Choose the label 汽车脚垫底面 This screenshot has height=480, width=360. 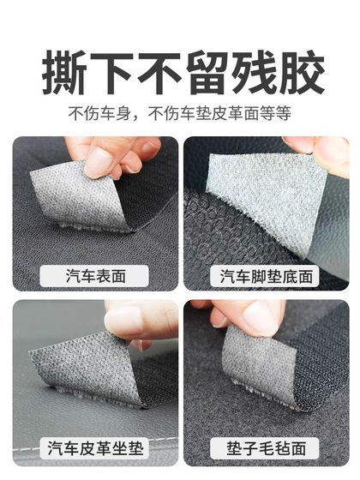tap(267, 276)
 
